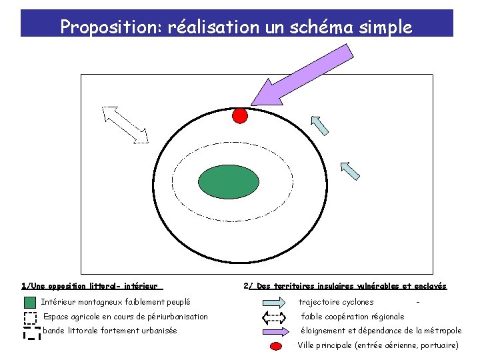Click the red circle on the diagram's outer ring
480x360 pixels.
(239, 115)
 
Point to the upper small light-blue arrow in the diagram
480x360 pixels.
(321, 124)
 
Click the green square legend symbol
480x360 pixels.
(30, 303)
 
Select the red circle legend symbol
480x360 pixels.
(274, 346)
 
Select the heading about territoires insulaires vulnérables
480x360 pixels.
(345, 286)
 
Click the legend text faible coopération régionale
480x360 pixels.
(353, 317)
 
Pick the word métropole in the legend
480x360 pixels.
(440, 331)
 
